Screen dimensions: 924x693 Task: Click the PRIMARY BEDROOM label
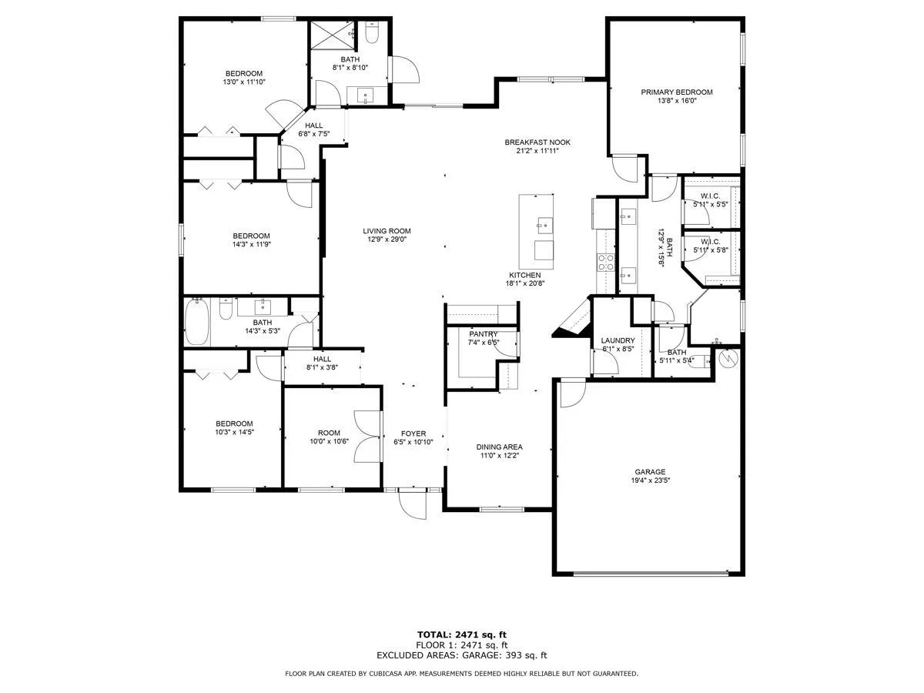point(676,92)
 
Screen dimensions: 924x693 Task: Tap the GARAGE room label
point(650,472)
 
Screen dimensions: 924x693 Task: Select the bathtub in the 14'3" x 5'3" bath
point(196,322)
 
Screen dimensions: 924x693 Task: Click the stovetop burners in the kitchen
point(605,263)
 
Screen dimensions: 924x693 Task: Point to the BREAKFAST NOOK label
point(537,142)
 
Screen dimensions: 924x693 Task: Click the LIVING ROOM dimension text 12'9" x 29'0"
point(387,239)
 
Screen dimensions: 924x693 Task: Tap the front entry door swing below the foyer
point(413,504)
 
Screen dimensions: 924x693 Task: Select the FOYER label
point(413,434)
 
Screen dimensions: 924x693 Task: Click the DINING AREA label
point(499,447)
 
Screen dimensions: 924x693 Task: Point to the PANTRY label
point(484,334)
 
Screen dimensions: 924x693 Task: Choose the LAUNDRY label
point(618,340)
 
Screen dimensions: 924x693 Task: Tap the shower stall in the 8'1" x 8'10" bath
point(332,35)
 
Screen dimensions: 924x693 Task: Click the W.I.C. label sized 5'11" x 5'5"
point(710,196)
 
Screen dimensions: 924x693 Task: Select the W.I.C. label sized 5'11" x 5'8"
point(710,242)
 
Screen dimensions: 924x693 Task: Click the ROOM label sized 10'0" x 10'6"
point(329,433)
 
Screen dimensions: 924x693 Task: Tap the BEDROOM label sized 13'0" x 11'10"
point(244,73)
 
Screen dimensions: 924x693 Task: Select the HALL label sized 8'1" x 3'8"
point(322,359)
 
